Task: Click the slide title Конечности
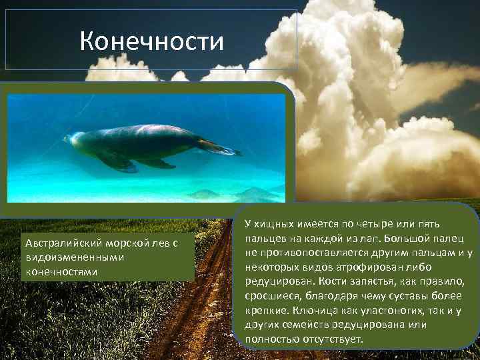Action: tap(151, 42)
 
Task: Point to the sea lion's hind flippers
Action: tap(220, 147)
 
